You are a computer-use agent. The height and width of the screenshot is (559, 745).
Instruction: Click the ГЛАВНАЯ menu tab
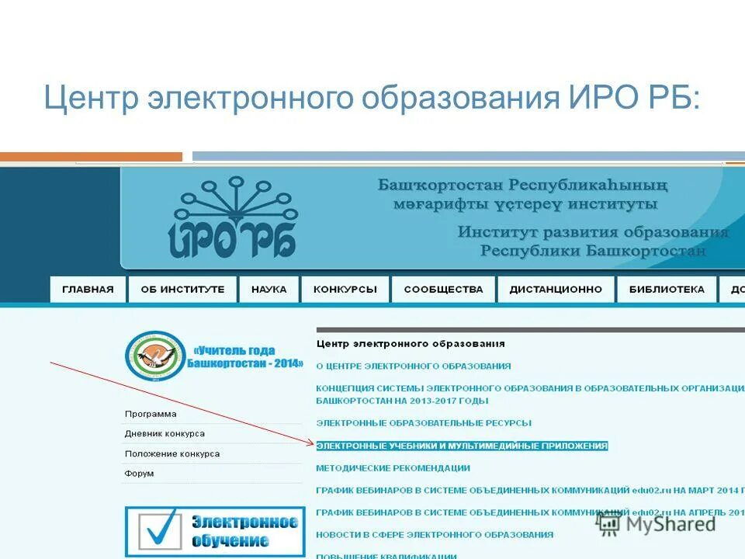88,289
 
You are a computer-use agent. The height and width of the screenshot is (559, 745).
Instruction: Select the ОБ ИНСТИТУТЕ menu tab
182,289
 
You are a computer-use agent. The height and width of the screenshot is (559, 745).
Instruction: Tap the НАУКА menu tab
269,289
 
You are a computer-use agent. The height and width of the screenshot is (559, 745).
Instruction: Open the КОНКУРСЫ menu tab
345,289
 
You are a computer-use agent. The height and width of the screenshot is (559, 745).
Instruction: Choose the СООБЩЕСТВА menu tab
443,289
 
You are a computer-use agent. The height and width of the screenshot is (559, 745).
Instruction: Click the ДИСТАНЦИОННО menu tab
556,289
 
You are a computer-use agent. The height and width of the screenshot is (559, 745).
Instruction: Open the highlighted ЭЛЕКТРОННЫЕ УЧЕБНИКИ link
462,446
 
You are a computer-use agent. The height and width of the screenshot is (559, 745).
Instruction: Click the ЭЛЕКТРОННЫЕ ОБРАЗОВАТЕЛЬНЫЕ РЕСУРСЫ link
424,423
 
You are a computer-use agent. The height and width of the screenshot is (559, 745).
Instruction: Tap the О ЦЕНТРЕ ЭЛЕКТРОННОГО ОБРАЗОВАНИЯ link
413,366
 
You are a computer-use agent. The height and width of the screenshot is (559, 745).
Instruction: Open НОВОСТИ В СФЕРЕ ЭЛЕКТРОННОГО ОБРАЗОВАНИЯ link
435,534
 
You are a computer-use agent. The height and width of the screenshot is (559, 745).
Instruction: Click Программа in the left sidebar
151,414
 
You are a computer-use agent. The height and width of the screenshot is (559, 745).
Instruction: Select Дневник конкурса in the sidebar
165,433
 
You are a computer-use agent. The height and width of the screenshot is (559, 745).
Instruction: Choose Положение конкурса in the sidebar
172,453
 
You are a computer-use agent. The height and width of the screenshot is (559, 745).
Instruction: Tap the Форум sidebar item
139,473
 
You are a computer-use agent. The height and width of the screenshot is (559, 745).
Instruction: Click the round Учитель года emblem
154,356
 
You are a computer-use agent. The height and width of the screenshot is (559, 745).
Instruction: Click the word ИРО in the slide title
600,99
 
